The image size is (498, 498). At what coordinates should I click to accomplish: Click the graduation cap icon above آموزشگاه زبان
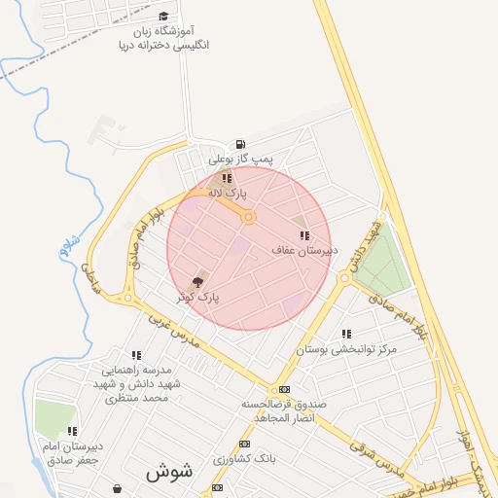(163, 17)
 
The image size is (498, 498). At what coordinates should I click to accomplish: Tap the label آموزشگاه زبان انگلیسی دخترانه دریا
(163, 38)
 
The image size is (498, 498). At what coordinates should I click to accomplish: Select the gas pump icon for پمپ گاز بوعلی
(240, 144)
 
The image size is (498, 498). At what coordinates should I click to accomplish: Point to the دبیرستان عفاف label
(304, 250)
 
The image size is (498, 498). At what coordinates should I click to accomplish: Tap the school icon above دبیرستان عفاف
(304, 235)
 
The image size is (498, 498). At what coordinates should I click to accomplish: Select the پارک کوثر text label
(200, 296)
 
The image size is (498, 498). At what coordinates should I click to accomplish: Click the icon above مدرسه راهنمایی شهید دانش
(135, 355)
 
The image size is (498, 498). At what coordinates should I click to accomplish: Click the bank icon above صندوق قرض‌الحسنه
(284, 389)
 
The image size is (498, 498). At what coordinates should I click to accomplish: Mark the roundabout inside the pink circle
(249, 218)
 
